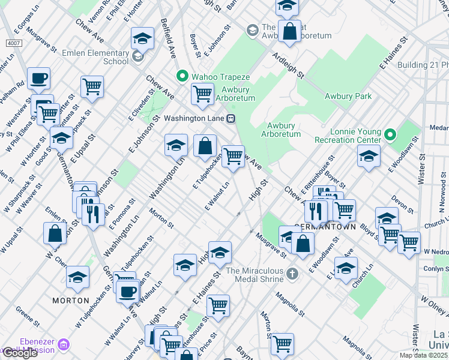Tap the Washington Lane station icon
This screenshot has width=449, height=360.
(231, 118)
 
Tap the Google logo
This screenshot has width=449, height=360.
(20, 353)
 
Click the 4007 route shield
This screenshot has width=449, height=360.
(13, 44)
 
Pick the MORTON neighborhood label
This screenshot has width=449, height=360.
(70, 300)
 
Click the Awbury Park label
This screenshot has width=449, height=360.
(348, 96)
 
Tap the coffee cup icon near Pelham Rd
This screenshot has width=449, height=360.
(38, 79)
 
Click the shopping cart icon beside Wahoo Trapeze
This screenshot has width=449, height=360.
(202, 94)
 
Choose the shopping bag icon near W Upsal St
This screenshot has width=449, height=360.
(55, 233)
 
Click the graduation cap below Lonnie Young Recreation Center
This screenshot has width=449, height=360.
(369, 157)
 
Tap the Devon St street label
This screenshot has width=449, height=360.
(399, 202)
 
